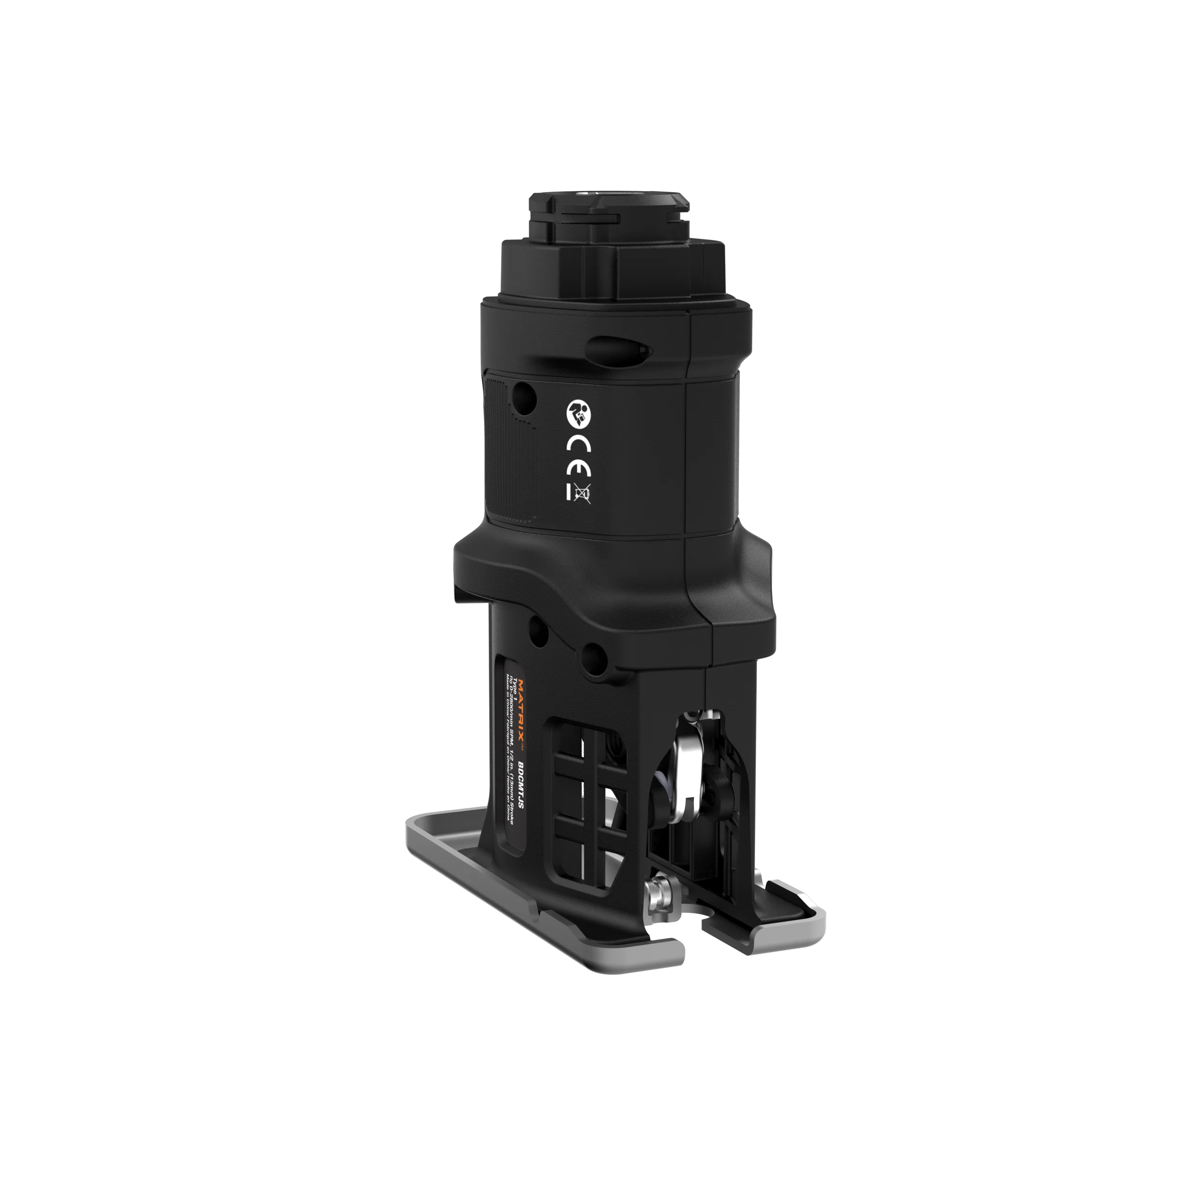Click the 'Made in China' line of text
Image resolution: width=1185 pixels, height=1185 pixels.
[508, 736]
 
